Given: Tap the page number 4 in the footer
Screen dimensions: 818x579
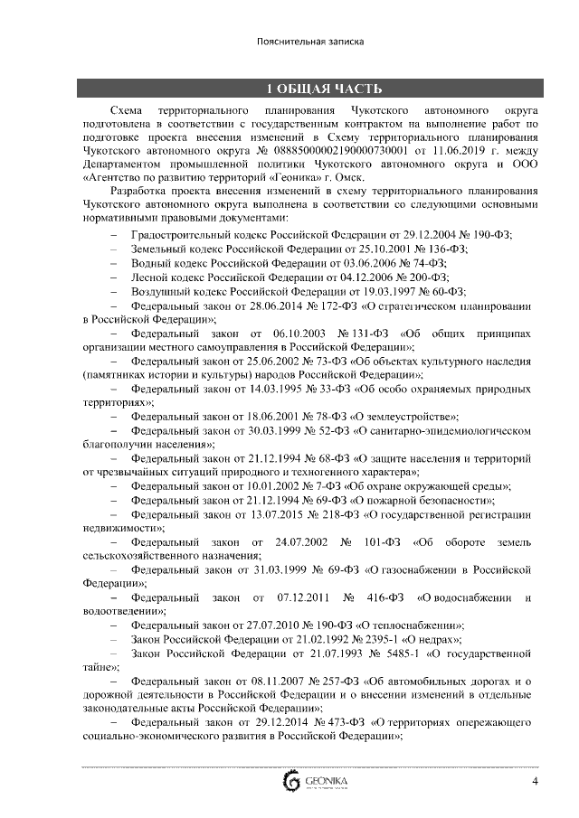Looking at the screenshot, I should click(x=535, y=782).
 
